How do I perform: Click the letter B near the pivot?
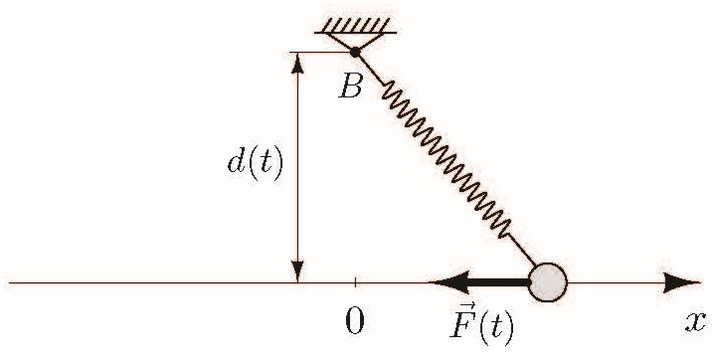coord(351,86)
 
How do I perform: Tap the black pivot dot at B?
coord(355,52)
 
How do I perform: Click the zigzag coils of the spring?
coord(447,159)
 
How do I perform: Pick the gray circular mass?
coord(548,282)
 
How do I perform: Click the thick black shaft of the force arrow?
coord(499,282)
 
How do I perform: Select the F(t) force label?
coord(482,324)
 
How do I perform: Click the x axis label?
coord(695,322)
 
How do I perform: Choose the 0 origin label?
coord(355,321)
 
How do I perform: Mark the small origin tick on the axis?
coord(355,282)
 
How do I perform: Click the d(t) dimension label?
coord(256,163)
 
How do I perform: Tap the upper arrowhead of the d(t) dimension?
coord(297,63)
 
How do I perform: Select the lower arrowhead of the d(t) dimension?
coord(297,271)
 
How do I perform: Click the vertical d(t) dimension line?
coord(297,167)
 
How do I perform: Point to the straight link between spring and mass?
coord(521,251)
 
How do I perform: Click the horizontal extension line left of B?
coord(320,52)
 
